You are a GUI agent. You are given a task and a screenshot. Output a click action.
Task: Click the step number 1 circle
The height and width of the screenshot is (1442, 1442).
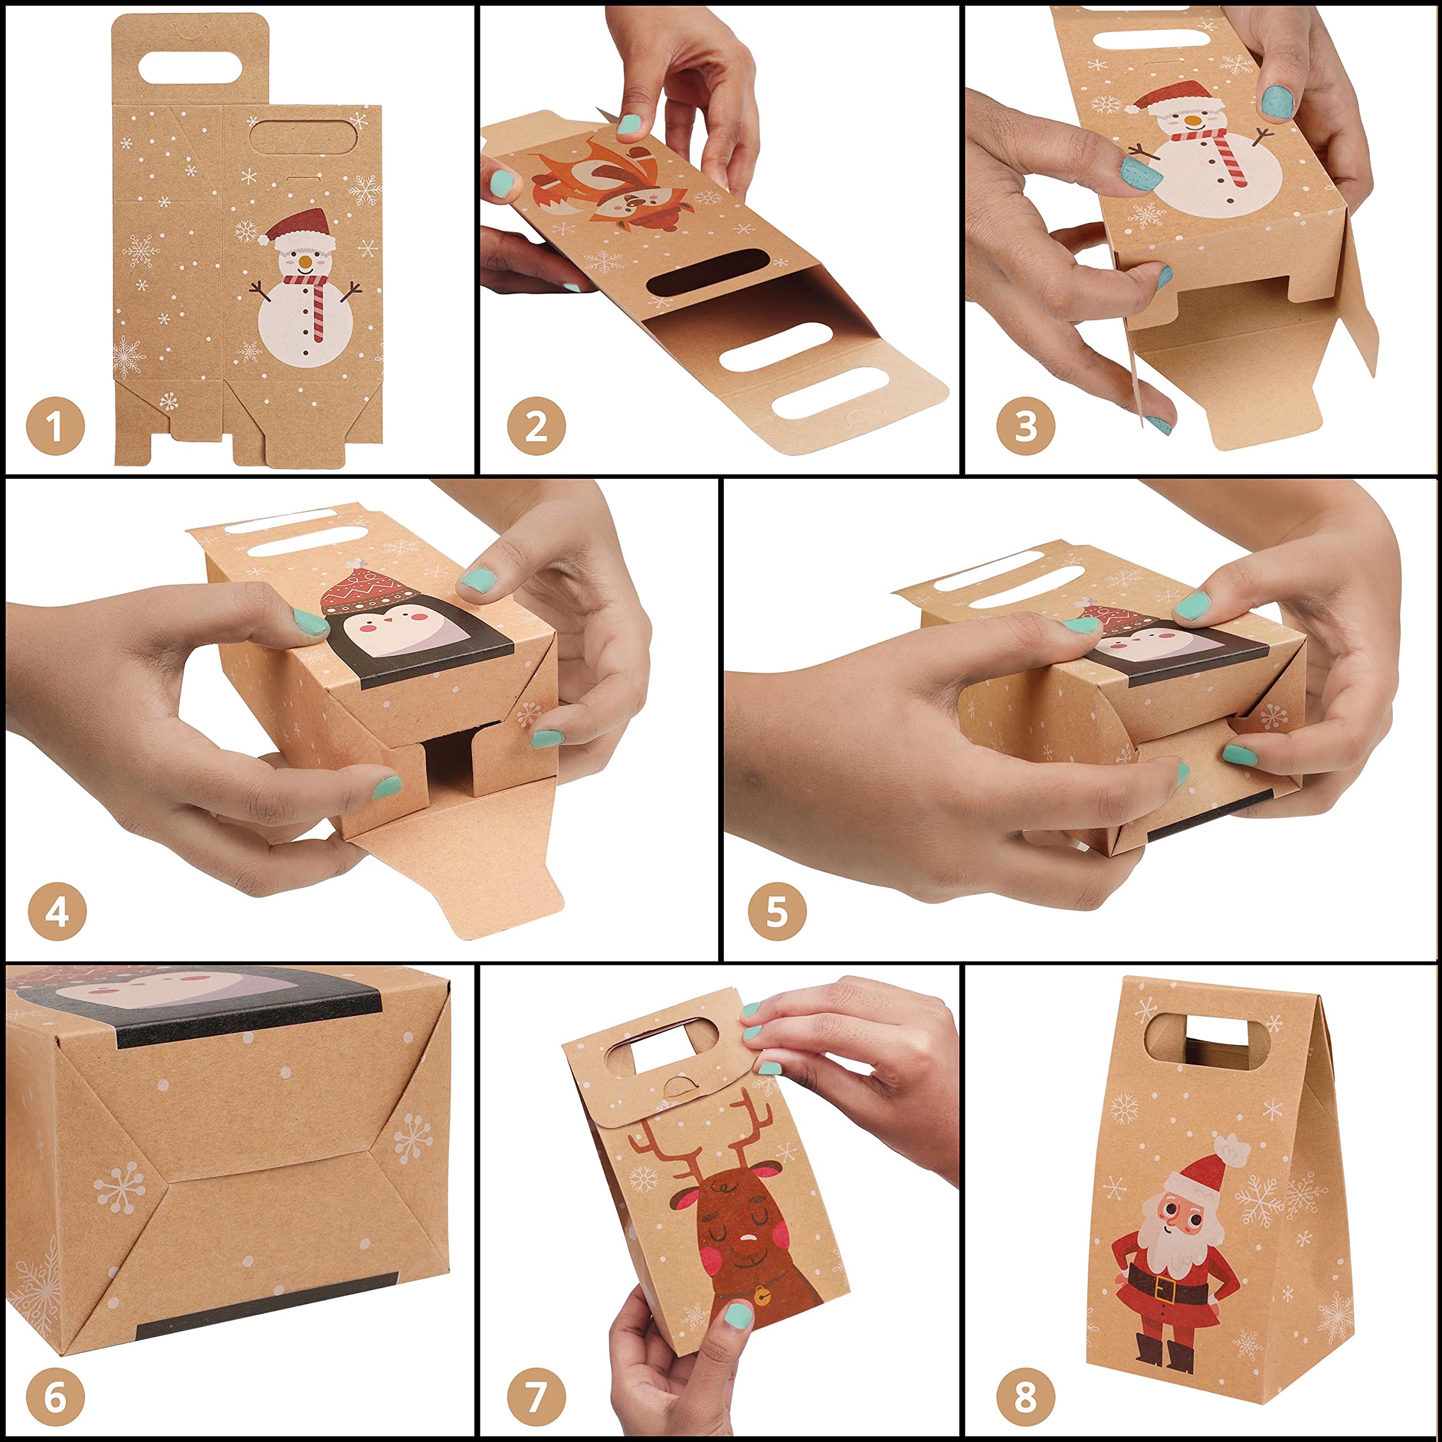[55, 427]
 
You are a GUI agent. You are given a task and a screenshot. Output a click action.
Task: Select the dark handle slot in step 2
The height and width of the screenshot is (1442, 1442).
[707, 271]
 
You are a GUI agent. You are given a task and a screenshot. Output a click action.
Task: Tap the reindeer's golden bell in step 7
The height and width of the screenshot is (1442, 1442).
[762, 1297]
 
